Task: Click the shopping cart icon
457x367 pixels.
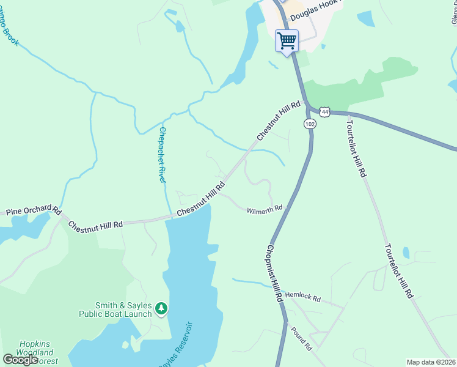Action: click(x=287, y=41)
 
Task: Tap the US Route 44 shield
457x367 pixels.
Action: click(x=324, y=111)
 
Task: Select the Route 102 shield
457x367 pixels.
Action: click(x=310, y=124)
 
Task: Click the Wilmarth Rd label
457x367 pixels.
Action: click(x=265, y=210)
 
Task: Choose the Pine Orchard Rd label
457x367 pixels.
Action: click(x=34, y=212)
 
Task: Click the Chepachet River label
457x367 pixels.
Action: click(x=163, y=155)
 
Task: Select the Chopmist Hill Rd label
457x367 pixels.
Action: click(x=273, y=273)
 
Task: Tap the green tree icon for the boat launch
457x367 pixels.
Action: click(x=161, y=309)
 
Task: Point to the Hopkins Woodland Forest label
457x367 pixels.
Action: click(x=38, y=352)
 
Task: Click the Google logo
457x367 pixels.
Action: click(x=20, y=359)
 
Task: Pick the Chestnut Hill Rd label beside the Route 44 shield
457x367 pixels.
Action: click(x=279, y=120)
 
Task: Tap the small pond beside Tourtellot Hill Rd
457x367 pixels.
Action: click(x=407, y=253)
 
